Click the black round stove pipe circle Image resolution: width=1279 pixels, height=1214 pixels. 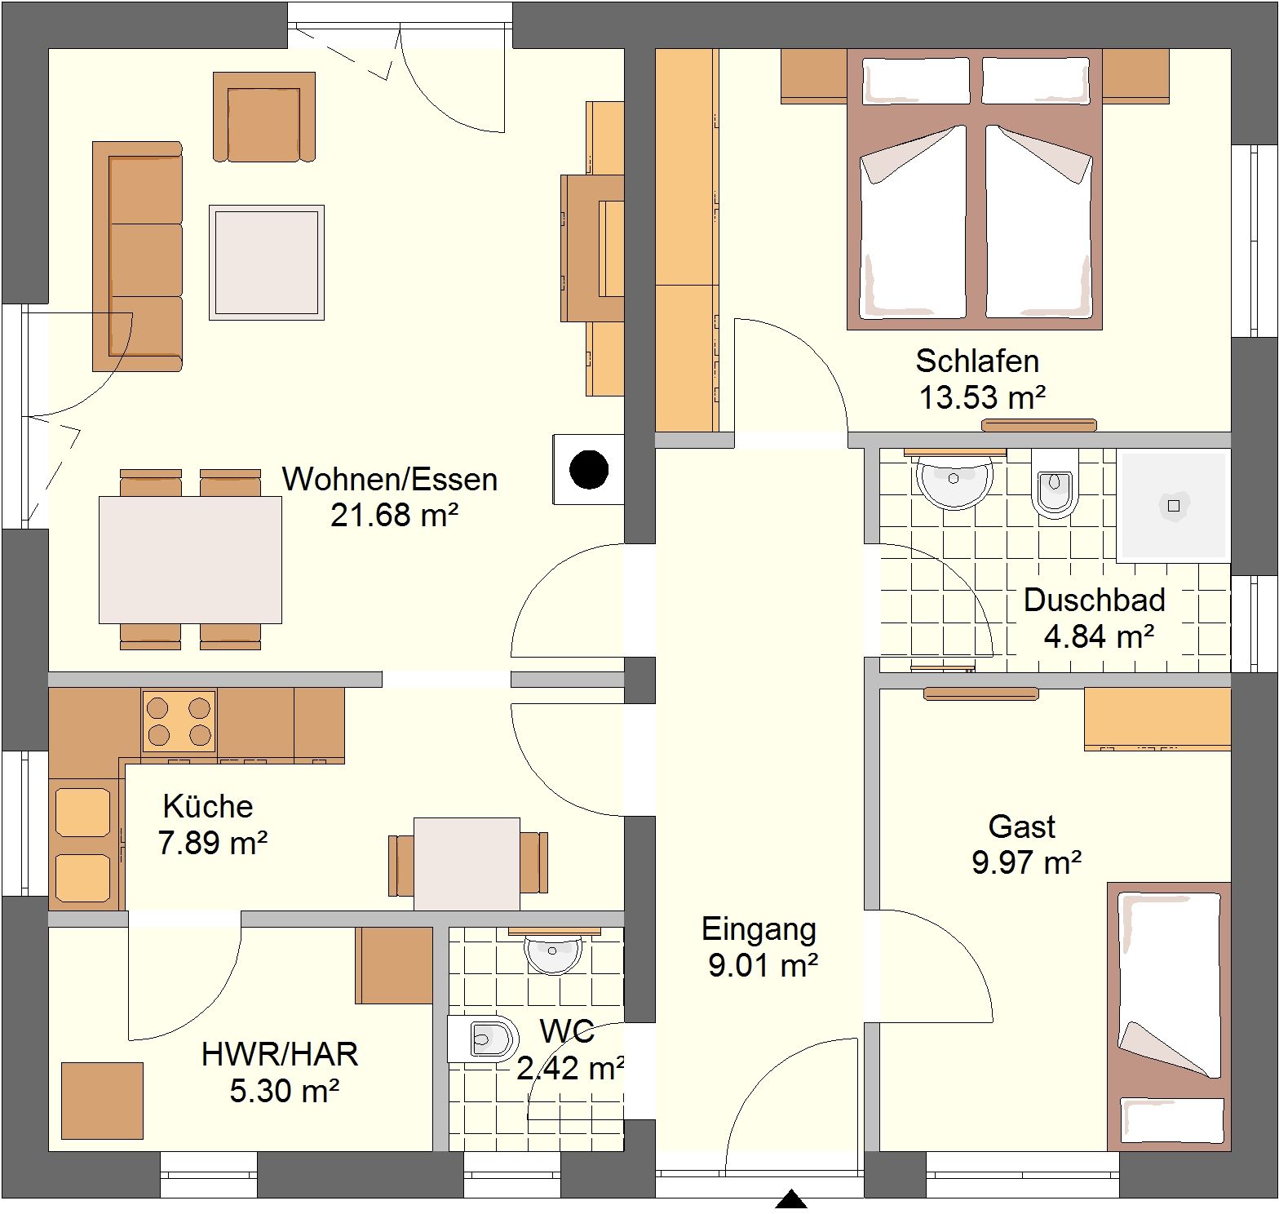click(x=589, y=470)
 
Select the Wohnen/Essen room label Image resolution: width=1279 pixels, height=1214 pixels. click(x=390, y=479)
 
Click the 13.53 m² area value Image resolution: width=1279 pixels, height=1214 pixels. click(x=982, y=397)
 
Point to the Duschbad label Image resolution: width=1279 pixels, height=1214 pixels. click(x=1094, y=600)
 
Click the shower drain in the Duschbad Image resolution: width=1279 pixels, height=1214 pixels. click(x=1174, y=506)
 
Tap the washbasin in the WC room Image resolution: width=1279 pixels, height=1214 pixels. click(x=554, y=952)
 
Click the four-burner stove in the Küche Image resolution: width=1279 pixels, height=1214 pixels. click(x=179, y=720)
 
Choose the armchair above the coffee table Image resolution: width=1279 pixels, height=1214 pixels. click(x=264, y=117)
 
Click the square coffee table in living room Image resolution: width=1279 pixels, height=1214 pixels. click(x=267, y=262)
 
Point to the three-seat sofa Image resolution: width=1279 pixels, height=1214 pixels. click(x=137, y=256)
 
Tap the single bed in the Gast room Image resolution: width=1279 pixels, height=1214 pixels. click(x=1169, y=1017)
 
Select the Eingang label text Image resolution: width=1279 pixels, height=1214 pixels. click(x=759, y=929)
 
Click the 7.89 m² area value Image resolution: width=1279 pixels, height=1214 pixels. click(x=213, y=842)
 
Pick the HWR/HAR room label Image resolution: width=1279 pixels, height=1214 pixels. click(x=280, y=1054)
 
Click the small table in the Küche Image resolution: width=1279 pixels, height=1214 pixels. click(x=467, y=864)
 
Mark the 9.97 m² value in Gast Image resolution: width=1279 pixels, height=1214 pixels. click(x=1027, y=862)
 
